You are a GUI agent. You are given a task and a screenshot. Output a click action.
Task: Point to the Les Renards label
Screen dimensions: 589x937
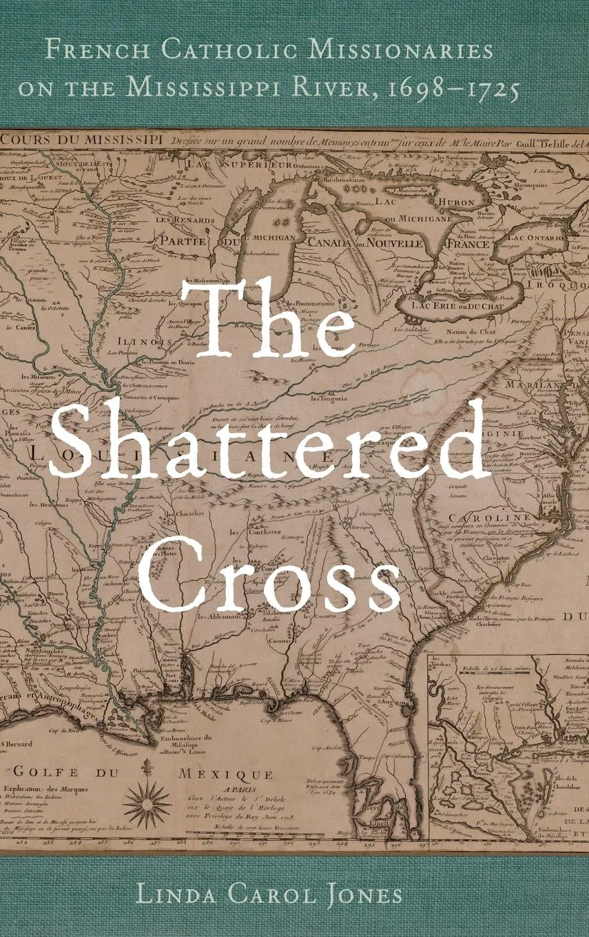click(176, 222)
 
